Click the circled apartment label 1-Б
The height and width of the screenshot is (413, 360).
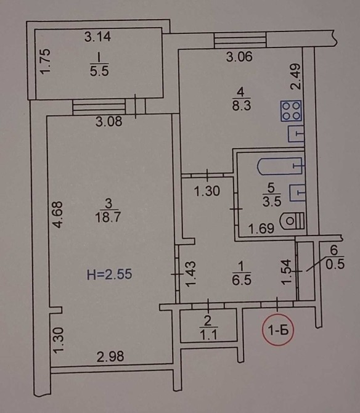point(279,330)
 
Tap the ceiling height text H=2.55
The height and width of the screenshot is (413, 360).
point(109,274)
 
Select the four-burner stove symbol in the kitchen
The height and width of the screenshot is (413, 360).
point(291,111)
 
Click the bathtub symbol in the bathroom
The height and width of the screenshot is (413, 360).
point(280,166)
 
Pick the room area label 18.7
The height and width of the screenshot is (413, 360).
point(107,218)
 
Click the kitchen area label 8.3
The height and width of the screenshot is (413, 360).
point(241,105)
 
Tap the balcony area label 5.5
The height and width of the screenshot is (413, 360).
point(99,71)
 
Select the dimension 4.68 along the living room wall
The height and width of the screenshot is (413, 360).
point(57,215)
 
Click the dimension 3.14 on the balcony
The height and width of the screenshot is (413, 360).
point(97,36)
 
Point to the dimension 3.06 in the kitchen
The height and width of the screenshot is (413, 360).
point(239,57)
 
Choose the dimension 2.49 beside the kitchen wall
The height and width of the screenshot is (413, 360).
point(295,77)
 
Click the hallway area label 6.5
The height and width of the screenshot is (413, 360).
point(242,279)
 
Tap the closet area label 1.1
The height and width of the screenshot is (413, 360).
point(208,335)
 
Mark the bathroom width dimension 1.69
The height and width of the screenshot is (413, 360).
point(261,229)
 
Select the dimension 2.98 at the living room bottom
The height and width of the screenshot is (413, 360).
point(110,357)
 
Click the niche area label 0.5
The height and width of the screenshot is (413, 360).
point(335,264)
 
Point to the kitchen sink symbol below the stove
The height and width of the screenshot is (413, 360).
point(296,134)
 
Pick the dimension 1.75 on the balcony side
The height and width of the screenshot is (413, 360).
point(45,62)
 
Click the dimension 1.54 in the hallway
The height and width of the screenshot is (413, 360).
point(287,272)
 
